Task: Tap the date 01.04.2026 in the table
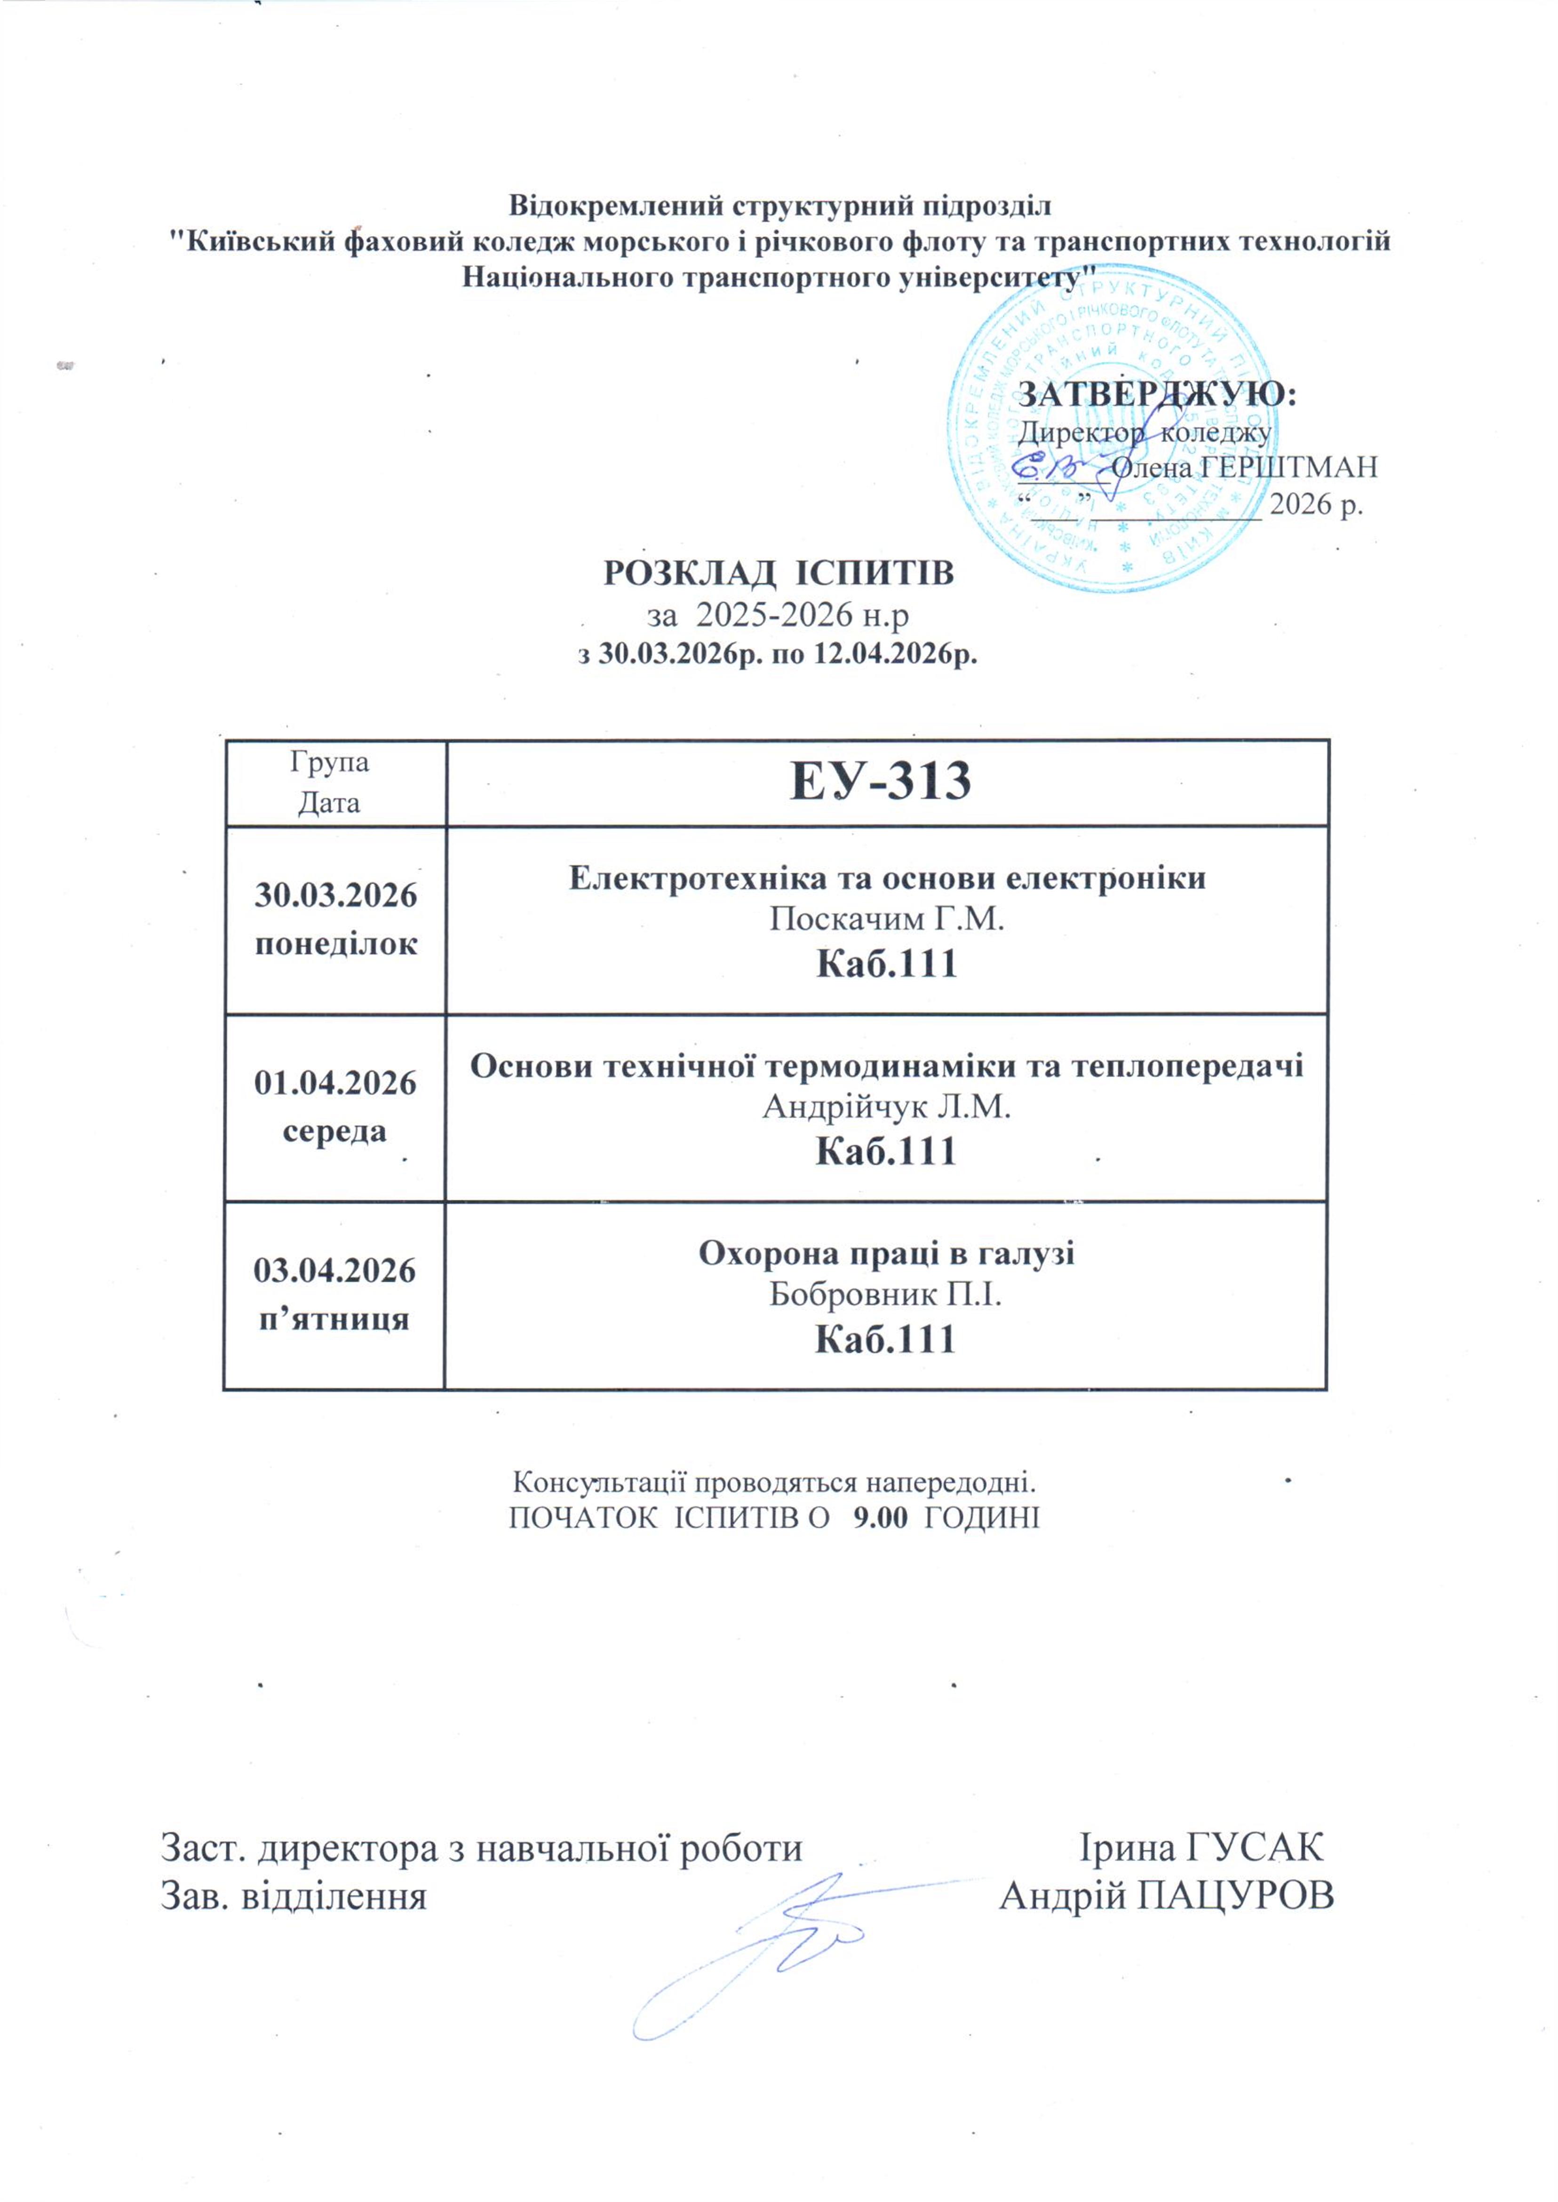335,1083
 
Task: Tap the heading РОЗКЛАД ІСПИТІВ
778,574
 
